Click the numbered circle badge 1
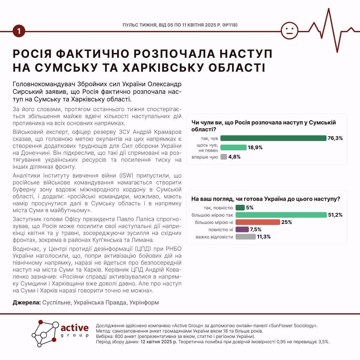coord(19,31)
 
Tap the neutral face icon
coord(289,31)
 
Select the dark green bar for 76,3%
coord(273,138)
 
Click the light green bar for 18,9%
coord(233,147)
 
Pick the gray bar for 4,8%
coord(224,157)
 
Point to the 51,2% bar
coord(281,215)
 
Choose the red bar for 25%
coord(258,222)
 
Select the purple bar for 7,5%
coord(242,229)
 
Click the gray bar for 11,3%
coord(245,237)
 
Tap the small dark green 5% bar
coord(240,207)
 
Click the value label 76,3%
coord(335,138)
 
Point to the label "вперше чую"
coord(204,157)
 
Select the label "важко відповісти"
coord(214,237)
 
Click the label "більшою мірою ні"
coord(214,222)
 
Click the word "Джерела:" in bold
coord(27,303)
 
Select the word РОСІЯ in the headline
coord(32,54)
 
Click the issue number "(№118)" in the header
coord(230,25)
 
